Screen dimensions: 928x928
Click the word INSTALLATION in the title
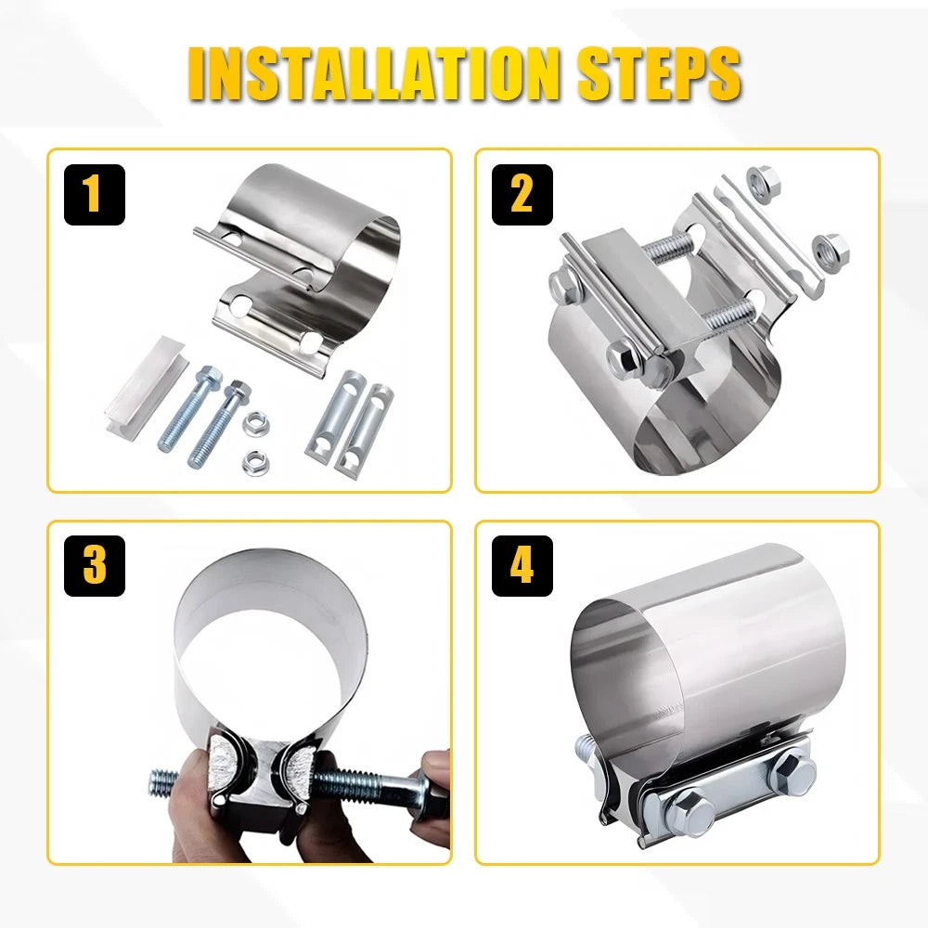[x=373, y=73]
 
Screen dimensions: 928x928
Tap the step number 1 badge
[x=95, y=195]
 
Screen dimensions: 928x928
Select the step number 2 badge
[x=522, y=195]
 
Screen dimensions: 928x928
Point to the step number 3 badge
[x=95, y=566]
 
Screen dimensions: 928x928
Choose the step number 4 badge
[x=522, y=566]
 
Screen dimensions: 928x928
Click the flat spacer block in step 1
[x=147, y=388]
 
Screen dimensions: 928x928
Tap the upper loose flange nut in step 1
[x=256, y=424]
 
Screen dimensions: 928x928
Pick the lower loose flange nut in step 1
[x=255, y=462]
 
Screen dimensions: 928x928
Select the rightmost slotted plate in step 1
[x=364, y=429]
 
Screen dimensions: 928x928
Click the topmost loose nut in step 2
[x=763, y=182]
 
